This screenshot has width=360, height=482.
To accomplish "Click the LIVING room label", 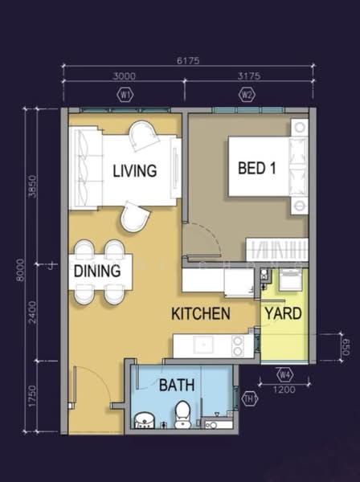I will click(134, 170).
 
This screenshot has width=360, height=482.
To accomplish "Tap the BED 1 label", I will click(256, 169).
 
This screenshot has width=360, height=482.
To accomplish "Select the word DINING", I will click(97, 272).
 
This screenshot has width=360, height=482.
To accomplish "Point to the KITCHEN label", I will click(201, 314).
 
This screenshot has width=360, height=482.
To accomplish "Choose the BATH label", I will click(176, 386).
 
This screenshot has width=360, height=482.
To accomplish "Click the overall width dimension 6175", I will click(189, 59).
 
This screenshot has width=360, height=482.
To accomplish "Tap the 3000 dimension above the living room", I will click(125, 76).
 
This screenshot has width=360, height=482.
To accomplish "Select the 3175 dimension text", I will click(247, 76).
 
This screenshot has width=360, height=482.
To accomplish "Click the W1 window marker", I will click(125, 94).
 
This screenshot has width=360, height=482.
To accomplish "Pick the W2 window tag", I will click(247, 94).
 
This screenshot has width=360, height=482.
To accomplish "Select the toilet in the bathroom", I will click(182, 414).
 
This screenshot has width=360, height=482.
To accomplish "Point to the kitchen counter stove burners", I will click(238, 345).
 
